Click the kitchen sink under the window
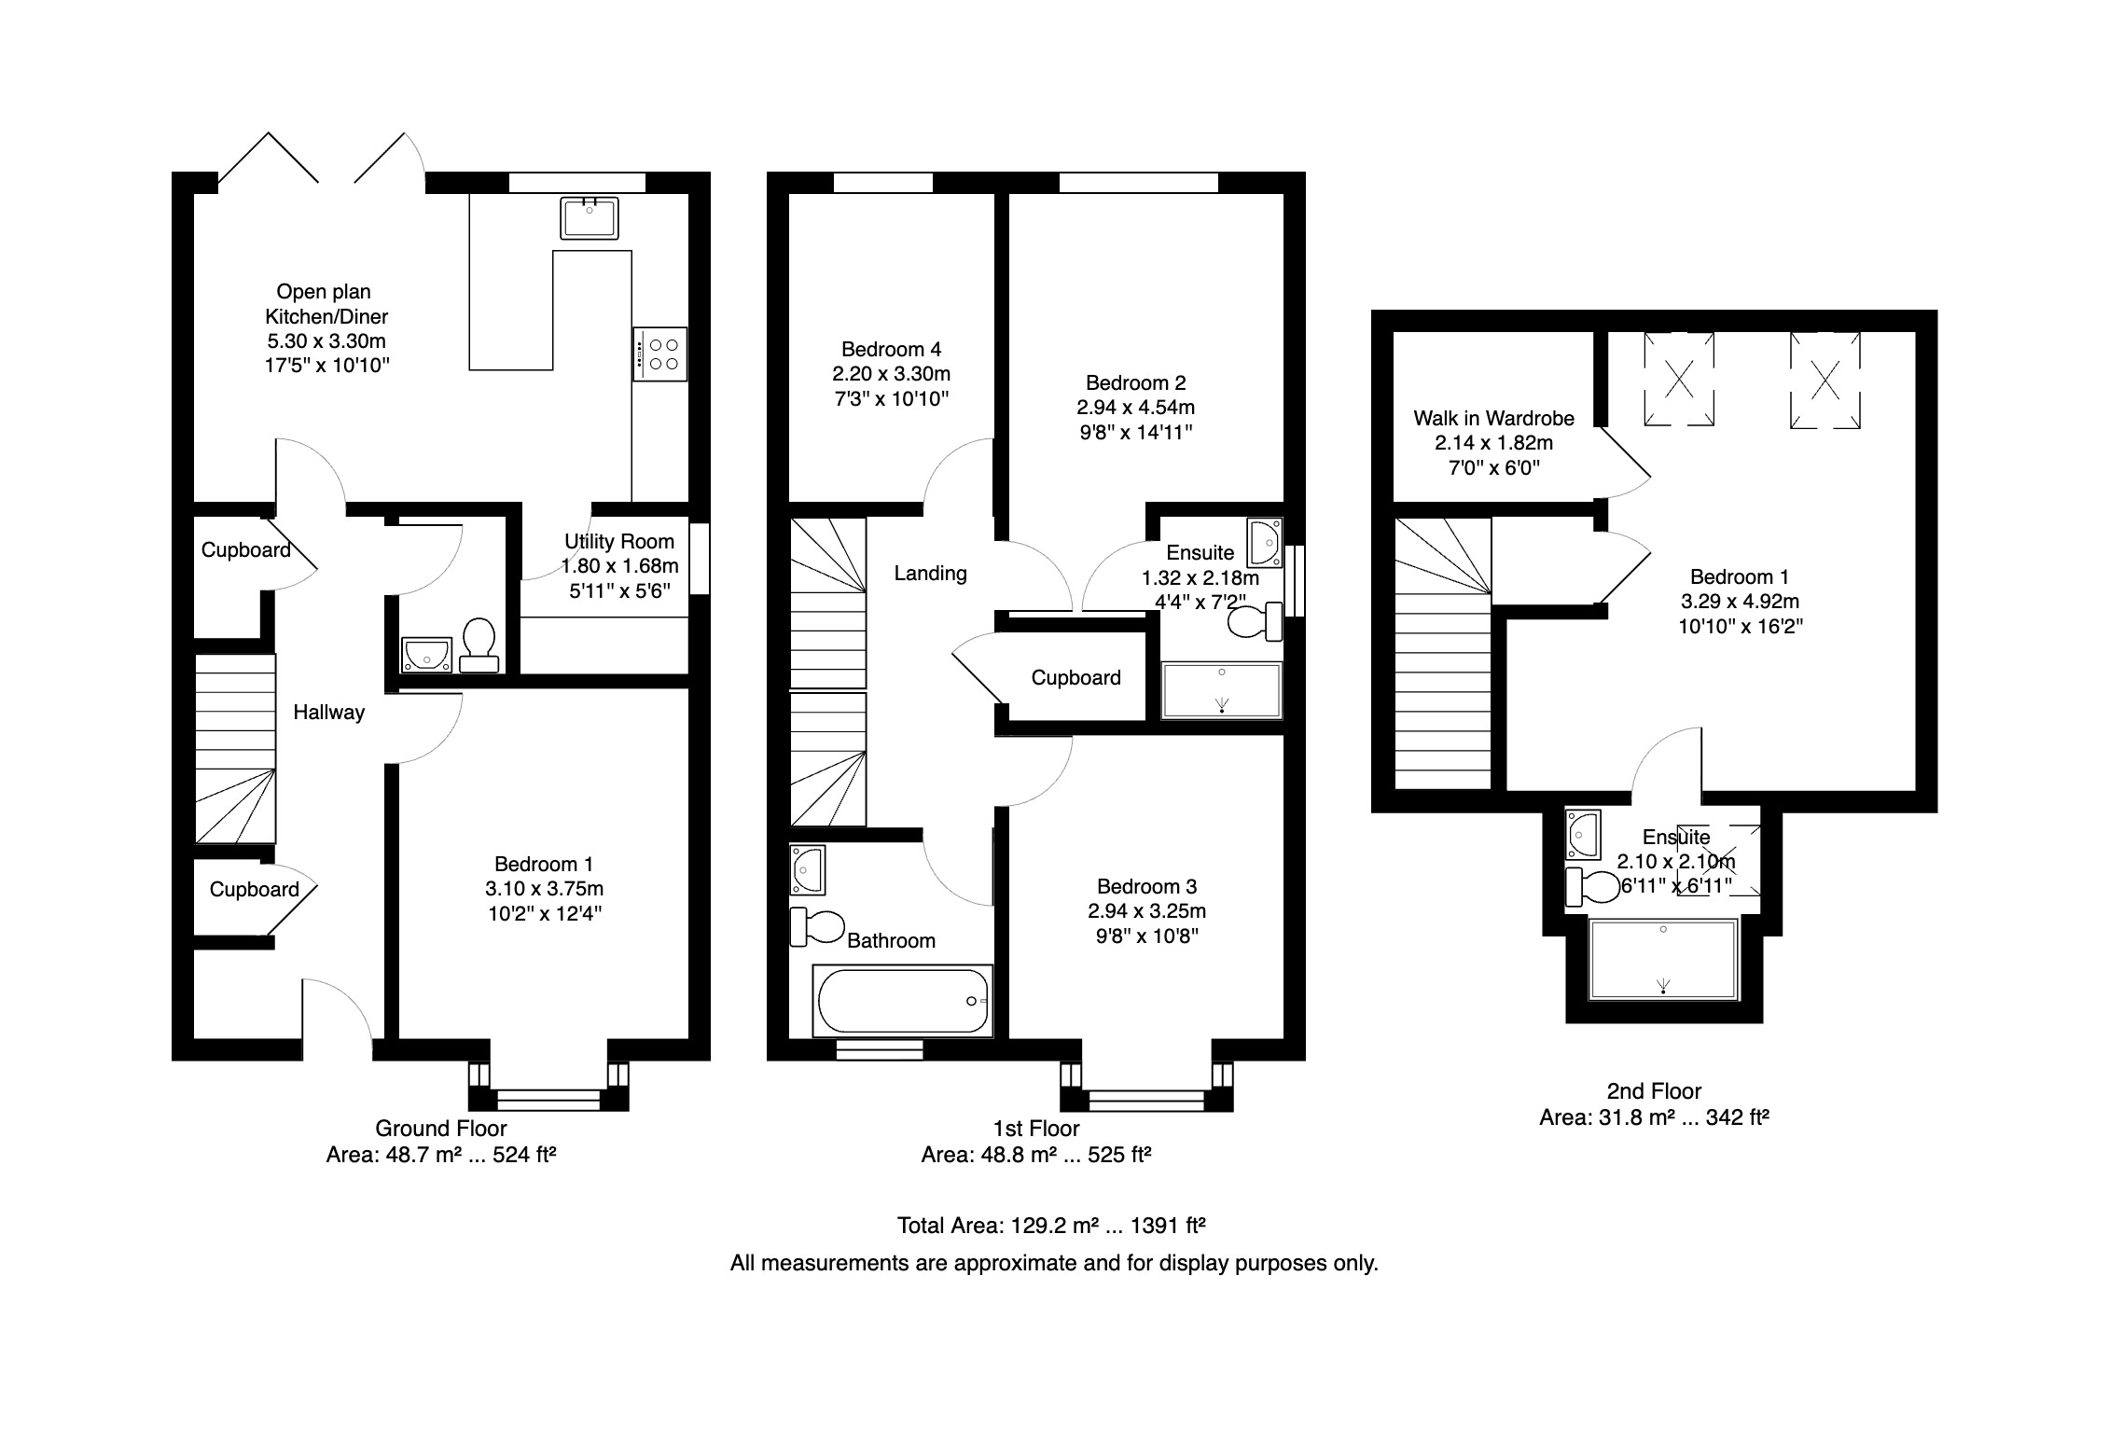[590, 218]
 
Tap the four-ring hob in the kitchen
[660, 354]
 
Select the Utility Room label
[619, 542]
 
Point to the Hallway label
[328, 713]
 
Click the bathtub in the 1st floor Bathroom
[902, 1001]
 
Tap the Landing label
[930, 574]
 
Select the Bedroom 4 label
[891, 350]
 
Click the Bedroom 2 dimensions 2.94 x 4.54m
[1135, 408]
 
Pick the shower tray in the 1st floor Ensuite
[1222, 690]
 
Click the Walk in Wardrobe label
[1493, 419]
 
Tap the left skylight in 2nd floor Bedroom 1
[1678, 379]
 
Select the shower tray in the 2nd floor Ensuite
[1663, 959]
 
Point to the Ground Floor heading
[441, 1129]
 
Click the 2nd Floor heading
[1654, 1091]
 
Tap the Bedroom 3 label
[1146, 887]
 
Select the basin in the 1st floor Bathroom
[807, 867]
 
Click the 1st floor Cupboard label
[1075, 678]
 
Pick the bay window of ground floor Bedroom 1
[548, 1087]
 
